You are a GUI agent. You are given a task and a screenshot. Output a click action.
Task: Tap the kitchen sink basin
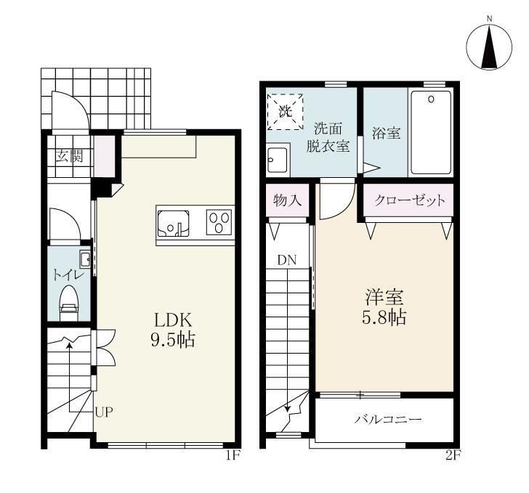tap(173, 223)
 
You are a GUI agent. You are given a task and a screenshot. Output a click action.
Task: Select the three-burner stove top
tap(219, 222)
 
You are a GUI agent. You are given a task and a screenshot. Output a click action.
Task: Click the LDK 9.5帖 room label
tap(173, 330)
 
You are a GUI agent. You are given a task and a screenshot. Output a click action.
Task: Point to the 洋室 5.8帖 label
tap(384, 307)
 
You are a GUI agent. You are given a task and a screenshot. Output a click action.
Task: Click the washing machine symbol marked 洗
tap(285, 112)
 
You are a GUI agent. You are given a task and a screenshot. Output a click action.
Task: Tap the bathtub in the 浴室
tap(430, 132)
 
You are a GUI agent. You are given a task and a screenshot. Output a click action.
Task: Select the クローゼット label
tap(410, 200)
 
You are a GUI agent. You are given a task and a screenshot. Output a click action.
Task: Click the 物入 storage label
tap(287, 200)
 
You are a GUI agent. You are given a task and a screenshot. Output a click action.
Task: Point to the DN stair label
tap(287, 260)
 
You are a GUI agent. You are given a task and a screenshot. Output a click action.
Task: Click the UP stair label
tap(104, 412)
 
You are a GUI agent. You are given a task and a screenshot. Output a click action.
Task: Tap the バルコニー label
tap(388, 420)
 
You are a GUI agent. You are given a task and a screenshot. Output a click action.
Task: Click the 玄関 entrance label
tap(69, 156)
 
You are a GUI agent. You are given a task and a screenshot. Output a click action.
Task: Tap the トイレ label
tap(68, 275)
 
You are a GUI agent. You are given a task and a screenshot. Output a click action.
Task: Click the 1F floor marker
tap(232, 455)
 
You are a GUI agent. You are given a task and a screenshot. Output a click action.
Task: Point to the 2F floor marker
tap(453, 455)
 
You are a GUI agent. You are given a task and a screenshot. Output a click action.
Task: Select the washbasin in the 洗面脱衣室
tap(278, 160)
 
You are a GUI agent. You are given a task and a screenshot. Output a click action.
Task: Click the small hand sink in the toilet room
tap(85, 258)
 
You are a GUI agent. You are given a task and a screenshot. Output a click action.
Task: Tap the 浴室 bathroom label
tap(387, 133)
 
